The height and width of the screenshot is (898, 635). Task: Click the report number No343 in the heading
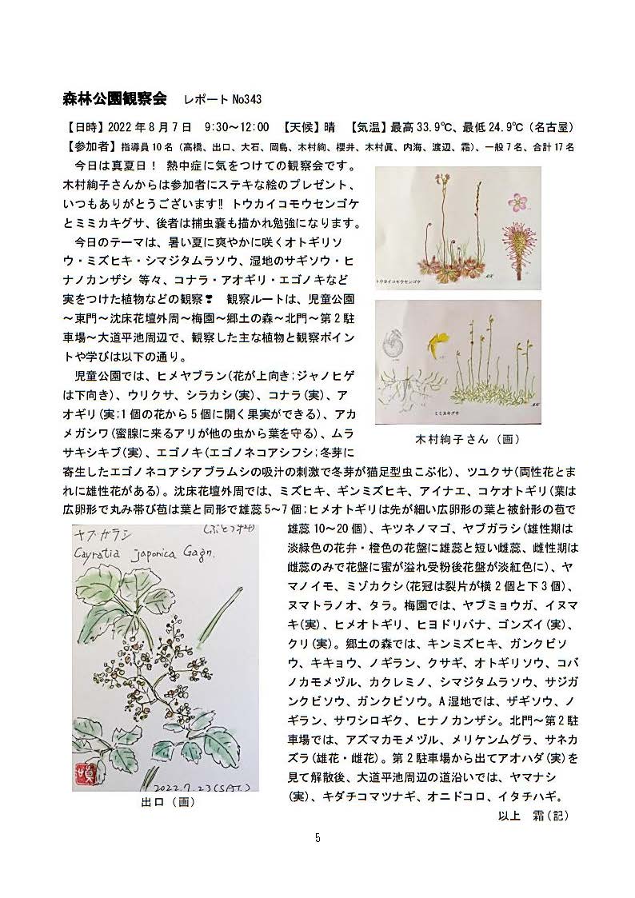pos(246,99)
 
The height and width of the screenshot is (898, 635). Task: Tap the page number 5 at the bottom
pos(317,838)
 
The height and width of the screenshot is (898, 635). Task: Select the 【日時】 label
pos(82,128)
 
